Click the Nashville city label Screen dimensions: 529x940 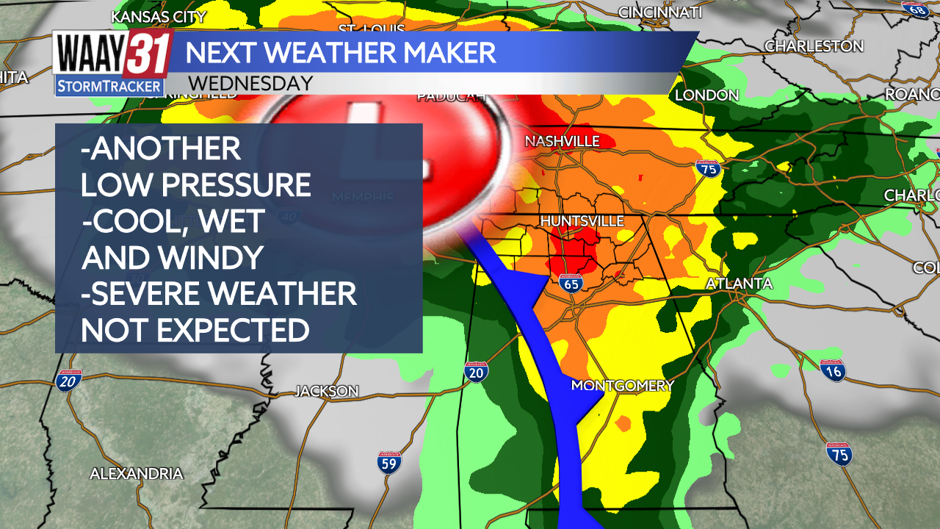[563, 141]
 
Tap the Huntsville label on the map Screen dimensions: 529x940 [582, 221]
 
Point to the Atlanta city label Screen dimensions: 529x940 [739, 284]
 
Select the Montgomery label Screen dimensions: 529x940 [622, 386]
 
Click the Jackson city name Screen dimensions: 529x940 [327, 392]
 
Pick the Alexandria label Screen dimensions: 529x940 [136, 474]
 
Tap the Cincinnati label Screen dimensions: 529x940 [660, 12]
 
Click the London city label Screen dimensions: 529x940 [706, 95]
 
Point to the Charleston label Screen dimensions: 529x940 [814, 46]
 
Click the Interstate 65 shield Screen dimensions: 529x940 [571, 284]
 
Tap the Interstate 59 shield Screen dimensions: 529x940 [389, 462]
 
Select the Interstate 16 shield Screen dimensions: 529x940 [833, 370]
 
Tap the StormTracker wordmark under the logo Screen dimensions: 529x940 [109, 87]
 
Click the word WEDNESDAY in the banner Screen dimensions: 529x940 [250, 83]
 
